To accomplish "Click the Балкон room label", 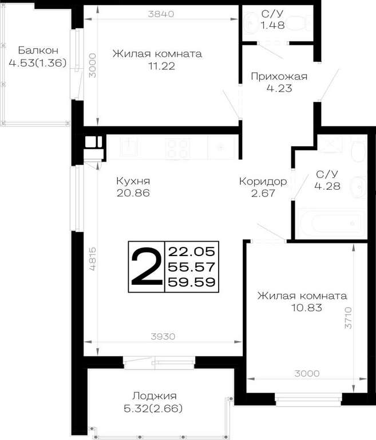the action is point(38,50).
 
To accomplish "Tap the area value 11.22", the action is point(162,66).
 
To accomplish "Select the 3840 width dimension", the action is point(161,14).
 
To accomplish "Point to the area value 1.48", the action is point(272,25).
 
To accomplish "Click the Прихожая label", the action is point(279,76).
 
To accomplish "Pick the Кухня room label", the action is point(133,181).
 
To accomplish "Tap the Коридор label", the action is point(263,182).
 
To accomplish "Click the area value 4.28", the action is point(327,186).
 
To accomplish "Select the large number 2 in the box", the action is point(147,266).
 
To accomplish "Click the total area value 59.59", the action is point(192,282).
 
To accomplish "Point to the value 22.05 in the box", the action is point(192,252).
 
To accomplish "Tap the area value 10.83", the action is point(307,308).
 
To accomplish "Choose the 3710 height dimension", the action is point(348,317).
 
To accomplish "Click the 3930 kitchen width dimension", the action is point(163,336).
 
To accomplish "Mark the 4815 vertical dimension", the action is point(93,259).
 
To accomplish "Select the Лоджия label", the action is point(155,396).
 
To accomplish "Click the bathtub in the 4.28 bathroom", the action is point(332,223).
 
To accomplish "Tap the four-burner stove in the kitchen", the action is point(177,148).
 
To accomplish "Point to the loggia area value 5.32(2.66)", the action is point(153,409).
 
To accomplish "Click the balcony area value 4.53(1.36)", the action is point(38,63).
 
